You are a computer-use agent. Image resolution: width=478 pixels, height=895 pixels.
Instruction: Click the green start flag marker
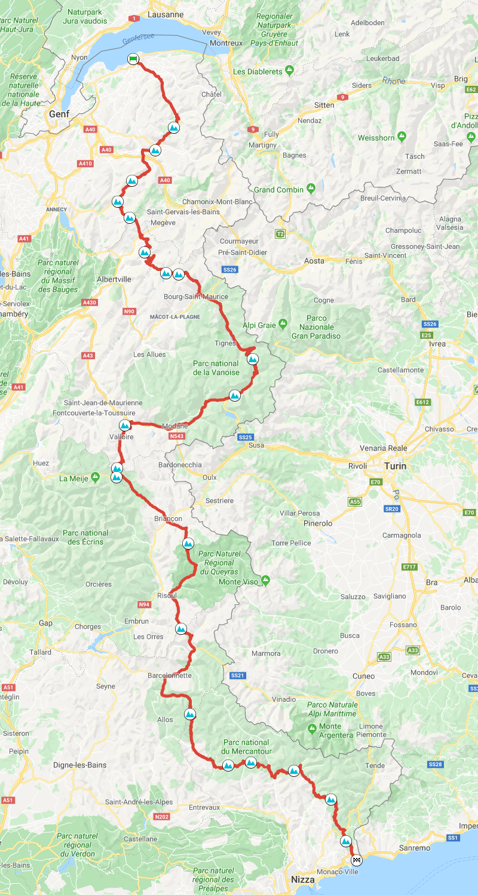pos(133,58)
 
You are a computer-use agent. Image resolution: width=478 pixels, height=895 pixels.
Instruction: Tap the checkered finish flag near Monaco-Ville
pos(357,860)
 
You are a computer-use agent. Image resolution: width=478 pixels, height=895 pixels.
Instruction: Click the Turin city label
pos(396,465)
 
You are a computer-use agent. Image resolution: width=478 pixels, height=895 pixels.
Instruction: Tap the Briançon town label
pos(168,519)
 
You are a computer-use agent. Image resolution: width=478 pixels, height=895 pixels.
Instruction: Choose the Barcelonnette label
pos(170,675)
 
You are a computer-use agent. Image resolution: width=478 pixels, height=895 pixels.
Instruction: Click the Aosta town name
pos(314,261)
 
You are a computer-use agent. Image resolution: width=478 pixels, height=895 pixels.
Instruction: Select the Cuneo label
pos(364,676)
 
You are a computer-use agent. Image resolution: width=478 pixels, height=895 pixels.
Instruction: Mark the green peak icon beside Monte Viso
pos(265,580)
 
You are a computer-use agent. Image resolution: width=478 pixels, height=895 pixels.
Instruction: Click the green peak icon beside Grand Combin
pos(311,189)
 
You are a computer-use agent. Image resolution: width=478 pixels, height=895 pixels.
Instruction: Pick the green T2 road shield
pos(280,234)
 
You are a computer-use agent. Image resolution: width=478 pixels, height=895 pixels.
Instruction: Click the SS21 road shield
pos(237,675)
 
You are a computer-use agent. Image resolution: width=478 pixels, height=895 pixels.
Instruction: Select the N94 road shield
pos(144,604)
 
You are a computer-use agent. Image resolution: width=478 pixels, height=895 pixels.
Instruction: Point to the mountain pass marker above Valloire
pos(125,425)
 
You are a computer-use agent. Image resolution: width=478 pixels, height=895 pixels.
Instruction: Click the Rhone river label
pos(394,81)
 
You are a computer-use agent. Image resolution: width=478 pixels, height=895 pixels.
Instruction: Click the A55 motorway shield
pos(355,502)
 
